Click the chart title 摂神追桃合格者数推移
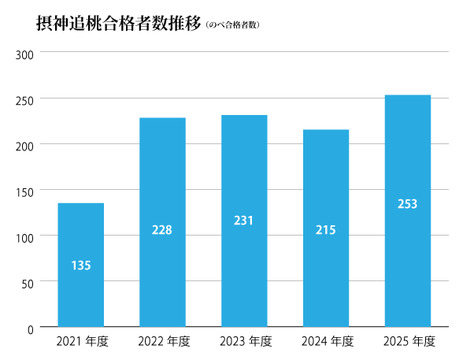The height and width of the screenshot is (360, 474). pyautogui.click(x=118, y=24)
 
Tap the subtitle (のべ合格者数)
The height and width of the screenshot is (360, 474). pyautogui.click(x=232, y=25)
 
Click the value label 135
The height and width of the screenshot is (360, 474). pyautogui.click(x=81, y=265)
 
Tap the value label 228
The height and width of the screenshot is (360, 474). pyautogui.click(x=162, y=230)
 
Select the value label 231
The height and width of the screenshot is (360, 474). pyautogui.click(x=244, y=221)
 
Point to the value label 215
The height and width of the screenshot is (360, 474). pyautogui.click(x=326, y=230)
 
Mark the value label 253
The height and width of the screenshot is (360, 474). pyautogui.click(x=407, y=204)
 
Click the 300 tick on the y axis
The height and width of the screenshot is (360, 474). pyautogui.click(x=24, y=54)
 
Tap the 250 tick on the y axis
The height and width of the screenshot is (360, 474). pyautogui.click(x=24, y=100)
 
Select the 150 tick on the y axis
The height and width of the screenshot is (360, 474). pyautogui.click(x=24, y=191)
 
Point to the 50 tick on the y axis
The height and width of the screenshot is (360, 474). pyautogui.click(x=27, y=283)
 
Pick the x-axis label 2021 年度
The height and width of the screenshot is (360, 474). pyautogui.click(x=82, y=342)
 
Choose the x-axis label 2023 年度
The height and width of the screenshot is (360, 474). pyautogui.click(x=245, y=342)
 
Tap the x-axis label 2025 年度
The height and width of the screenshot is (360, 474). pyautogui.click(x=408, y=342)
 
